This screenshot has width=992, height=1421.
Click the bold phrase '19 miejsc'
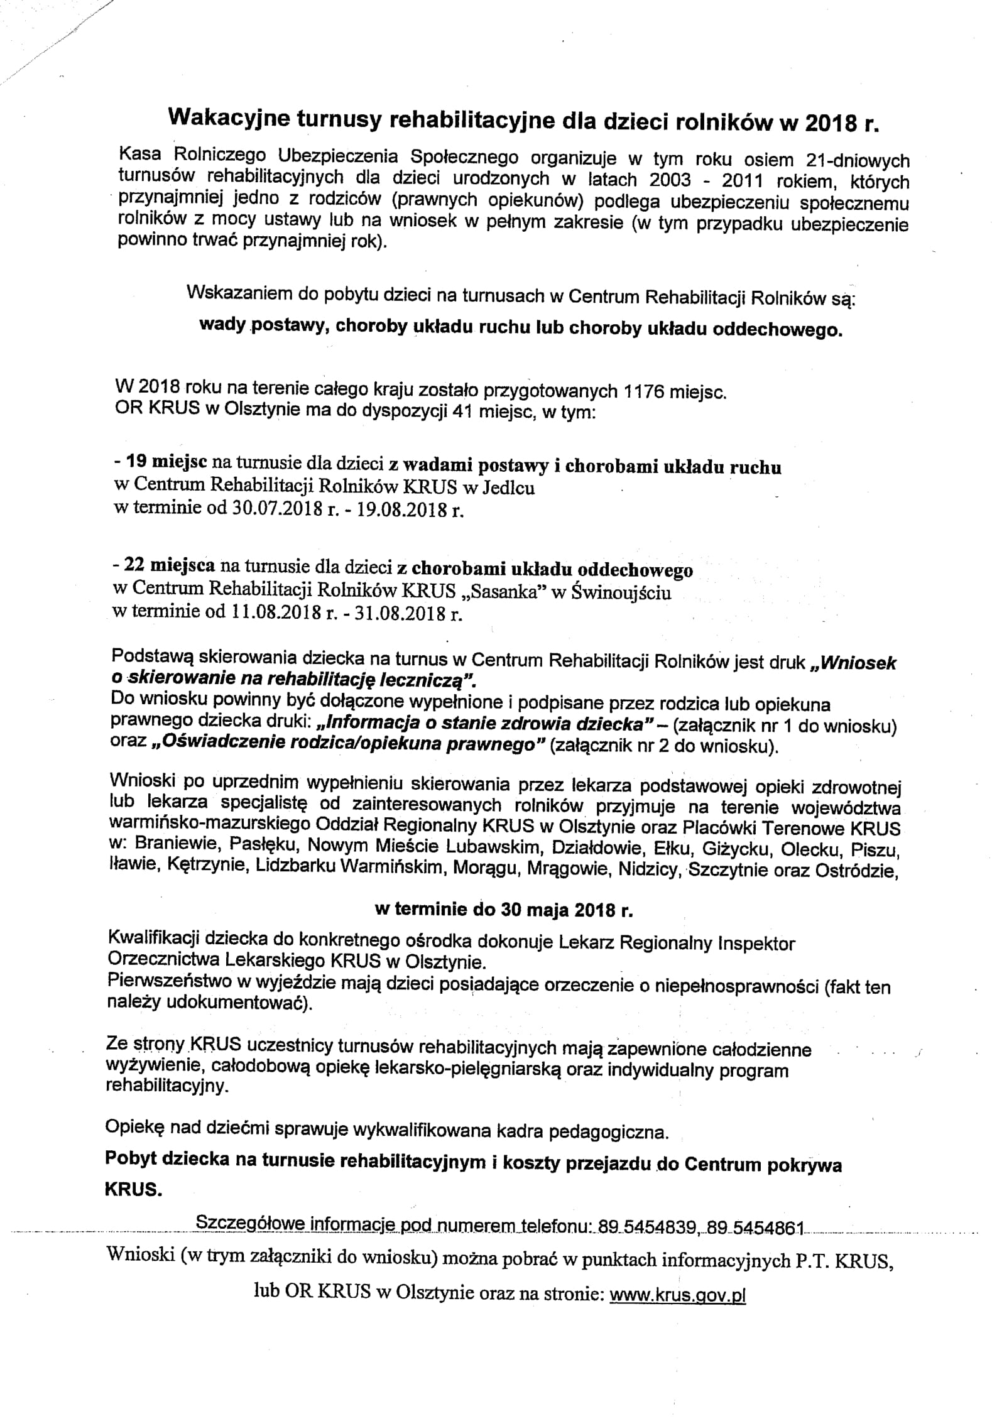tap(169, 465)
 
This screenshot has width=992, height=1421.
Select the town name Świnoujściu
tap(623, 592)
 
